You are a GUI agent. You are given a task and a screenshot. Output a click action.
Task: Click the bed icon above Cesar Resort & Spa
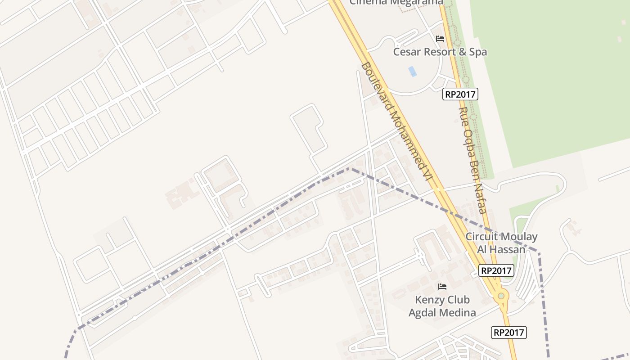[440, 39]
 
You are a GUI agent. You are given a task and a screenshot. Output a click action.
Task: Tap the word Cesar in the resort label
[407, 52]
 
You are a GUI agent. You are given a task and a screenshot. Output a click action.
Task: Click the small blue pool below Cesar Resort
[412, 71]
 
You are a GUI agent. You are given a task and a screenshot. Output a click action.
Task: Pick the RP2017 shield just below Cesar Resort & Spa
[460, 94]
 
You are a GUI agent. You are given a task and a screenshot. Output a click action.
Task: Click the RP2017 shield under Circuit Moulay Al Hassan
[496, 270]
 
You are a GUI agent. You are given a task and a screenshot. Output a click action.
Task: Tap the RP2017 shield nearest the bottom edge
[509, 333]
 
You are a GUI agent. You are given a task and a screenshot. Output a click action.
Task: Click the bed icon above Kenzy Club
[442, 286]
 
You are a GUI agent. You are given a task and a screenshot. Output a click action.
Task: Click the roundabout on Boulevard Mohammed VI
[500, 296]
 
